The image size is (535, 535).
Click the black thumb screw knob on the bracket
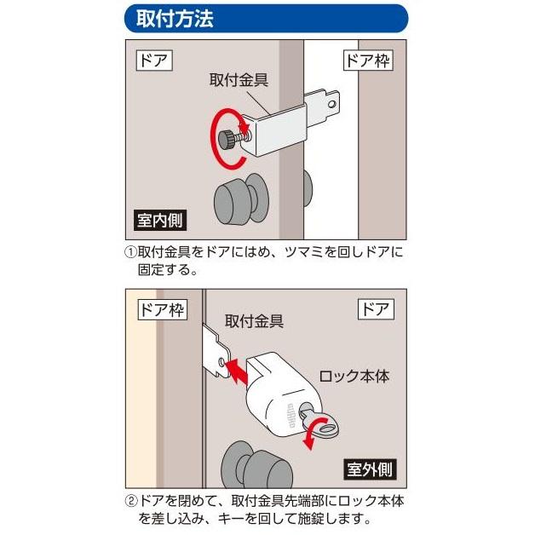229,139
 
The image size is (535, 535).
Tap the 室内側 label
159,220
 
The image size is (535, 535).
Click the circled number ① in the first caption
130,253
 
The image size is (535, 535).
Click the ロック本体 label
353,376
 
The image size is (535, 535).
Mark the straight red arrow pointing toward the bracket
240,368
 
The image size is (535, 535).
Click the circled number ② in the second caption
130,502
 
